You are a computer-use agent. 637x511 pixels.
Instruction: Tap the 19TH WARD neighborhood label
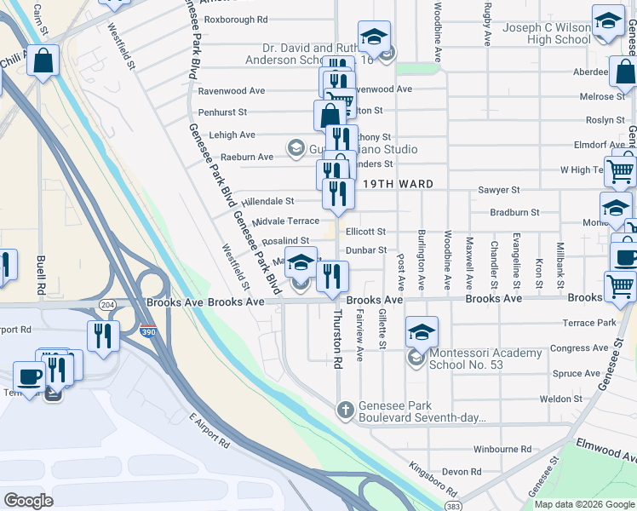point(397,184)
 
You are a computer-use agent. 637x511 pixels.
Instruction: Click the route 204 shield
point(108,303)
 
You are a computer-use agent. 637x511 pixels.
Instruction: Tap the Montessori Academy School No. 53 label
point(485,359)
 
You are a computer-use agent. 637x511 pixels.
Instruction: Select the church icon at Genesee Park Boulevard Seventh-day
point(345,411)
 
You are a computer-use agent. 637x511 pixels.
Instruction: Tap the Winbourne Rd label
point(502,448)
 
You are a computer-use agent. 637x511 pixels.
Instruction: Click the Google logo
point(28,500)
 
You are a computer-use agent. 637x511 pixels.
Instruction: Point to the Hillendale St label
point(267,201)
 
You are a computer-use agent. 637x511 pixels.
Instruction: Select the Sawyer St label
point(499,190)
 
